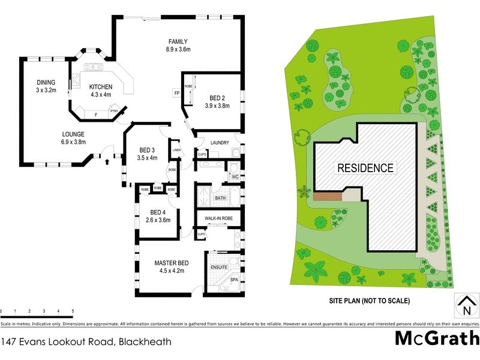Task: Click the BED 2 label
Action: point(218,98)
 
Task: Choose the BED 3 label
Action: point(147,150)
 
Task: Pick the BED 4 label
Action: point(158,212)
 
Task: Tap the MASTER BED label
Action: point(172,263)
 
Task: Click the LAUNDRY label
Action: point(221,142)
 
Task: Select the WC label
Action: point(235,177)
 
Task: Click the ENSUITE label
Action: point(218,267)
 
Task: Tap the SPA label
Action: point(233,280)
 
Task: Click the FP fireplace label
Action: point(177,94)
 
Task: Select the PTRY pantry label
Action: point(113,111)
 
